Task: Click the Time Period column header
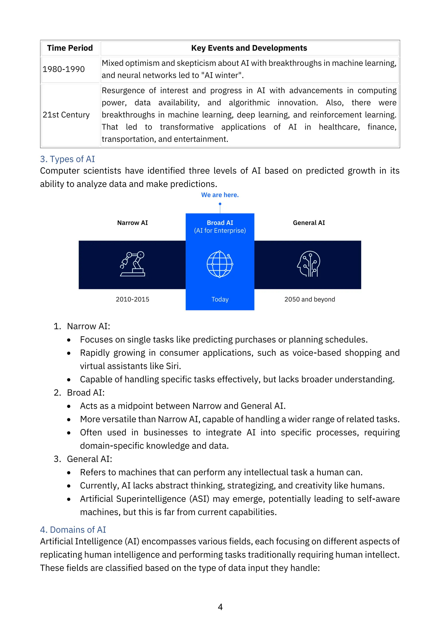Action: pos(70,48)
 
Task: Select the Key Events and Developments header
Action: pos(249,48)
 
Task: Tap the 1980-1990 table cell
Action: pos(64,69)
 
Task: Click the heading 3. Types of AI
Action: pos(67,159)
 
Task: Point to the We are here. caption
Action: pos(220,195)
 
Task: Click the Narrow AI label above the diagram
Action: pos(132,223)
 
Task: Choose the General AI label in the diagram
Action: pos(309,223)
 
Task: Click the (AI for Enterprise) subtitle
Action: pos(220,231)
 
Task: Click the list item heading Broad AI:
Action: pos(86,393)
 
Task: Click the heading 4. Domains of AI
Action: pos(73,530)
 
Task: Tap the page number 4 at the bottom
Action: pos(220,607)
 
